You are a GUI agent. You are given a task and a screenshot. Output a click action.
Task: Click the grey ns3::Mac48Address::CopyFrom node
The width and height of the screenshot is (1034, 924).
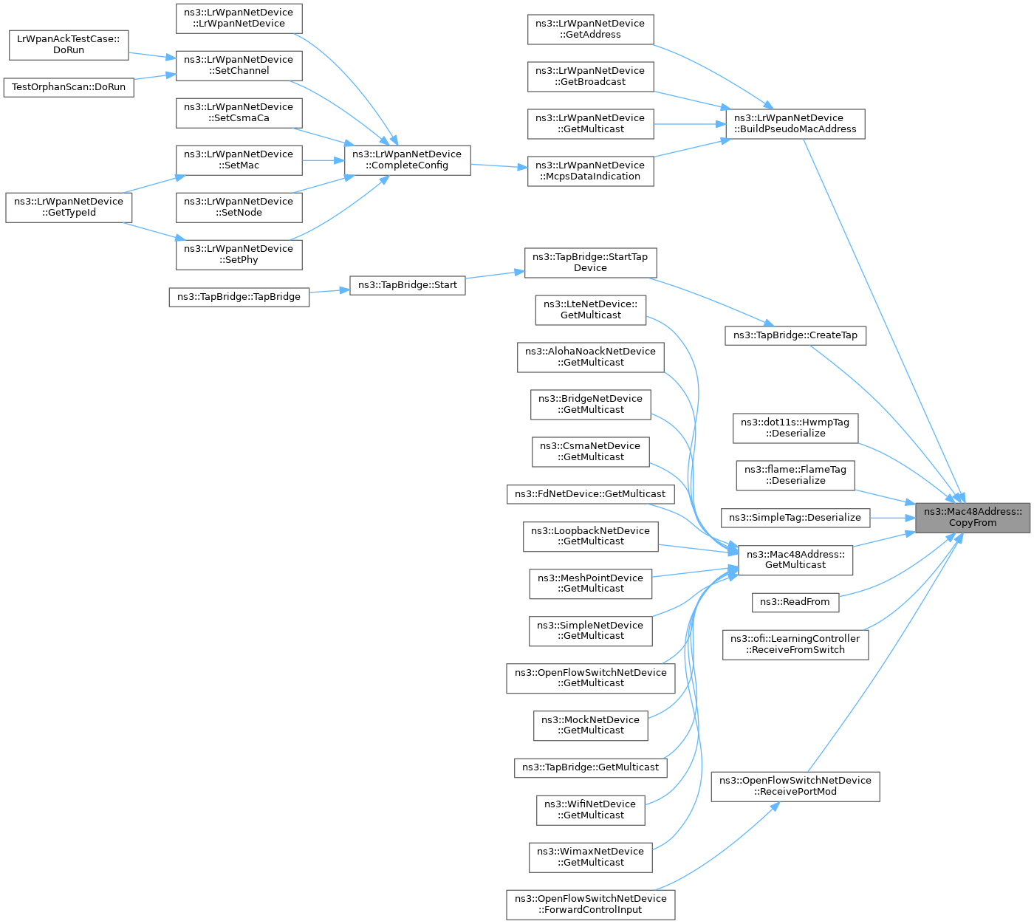[972, 517]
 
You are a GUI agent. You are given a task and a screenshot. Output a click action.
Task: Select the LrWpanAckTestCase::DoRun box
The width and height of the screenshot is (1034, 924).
[69, 45]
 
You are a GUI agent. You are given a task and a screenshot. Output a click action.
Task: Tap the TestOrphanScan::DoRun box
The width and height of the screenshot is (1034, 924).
[69, 87]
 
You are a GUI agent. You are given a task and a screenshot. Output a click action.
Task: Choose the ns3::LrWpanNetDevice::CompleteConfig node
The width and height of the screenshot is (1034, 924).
[407, 160]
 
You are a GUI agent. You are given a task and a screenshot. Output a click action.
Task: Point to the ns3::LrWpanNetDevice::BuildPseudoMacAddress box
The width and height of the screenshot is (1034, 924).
[795, 123]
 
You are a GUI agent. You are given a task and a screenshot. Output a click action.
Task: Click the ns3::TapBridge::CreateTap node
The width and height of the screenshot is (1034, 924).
[795, 335]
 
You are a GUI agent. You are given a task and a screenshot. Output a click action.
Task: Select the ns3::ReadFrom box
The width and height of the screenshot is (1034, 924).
[795, 602]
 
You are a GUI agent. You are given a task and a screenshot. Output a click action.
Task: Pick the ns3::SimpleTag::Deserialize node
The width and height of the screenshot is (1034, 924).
[795, 518]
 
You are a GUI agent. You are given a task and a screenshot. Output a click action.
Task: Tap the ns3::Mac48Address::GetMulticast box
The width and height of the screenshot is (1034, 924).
[795, 560]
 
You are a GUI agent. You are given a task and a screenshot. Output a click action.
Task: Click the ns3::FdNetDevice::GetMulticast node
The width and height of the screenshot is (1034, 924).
[590, 494]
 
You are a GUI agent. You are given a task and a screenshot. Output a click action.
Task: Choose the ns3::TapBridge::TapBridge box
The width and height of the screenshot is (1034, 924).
[239, 297]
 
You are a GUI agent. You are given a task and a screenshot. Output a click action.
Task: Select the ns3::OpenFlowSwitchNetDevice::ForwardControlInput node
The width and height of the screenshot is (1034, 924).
[590, 904]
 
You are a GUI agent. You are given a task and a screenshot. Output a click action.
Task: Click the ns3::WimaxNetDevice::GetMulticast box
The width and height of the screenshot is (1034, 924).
[590, 857]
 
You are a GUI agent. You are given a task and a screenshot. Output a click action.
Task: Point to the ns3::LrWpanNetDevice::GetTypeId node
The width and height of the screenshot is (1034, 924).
[69, 208]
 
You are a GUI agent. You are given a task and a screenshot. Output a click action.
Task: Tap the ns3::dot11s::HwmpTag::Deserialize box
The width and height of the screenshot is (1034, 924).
[795, 428]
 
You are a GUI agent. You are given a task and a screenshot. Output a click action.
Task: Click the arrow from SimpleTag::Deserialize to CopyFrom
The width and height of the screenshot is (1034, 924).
[893, 518]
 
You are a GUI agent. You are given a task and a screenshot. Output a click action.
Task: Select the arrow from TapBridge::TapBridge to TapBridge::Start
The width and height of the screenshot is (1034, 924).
[329, 291]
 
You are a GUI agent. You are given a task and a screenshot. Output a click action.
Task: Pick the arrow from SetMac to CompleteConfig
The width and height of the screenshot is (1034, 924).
[323, 160]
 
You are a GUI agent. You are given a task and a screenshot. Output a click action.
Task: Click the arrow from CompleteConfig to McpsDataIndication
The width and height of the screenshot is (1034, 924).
[499, 166]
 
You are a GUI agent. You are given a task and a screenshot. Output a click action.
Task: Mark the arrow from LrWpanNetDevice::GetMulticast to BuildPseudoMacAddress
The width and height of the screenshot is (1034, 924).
[690, 123]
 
